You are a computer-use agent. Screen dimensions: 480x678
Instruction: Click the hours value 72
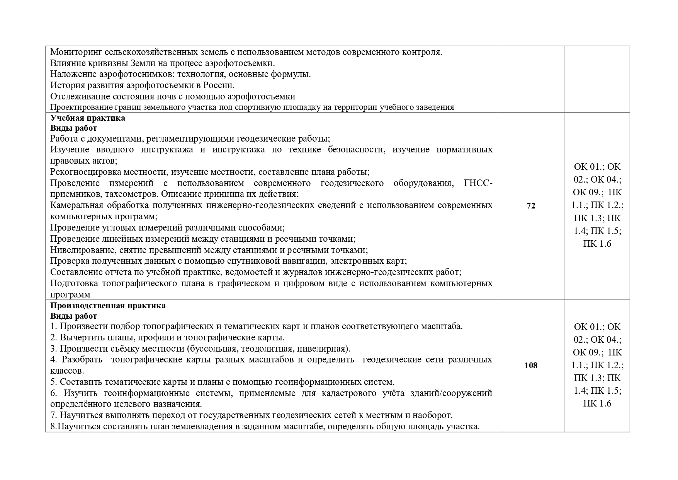pyautogui.click(x=531, y=206)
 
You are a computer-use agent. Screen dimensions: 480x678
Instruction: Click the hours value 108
pyautogui.click(x=531, y=366)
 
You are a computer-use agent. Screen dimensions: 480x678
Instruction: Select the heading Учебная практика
pyautogui.click(x=88, y=118)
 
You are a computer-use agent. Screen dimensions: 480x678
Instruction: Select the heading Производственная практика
pyautogui.click(x=108, y=306)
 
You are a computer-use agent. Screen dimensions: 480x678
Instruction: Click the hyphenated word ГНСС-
pyautogui.click(x=478, y=183)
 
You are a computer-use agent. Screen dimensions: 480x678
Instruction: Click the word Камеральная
pyautogui.click(x=76, y=205)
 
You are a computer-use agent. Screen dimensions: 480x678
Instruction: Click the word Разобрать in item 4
pyautogui.click(x=82, y=360)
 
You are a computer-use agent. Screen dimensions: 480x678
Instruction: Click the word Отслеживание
pyautogui.click(x=80, y=96)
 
